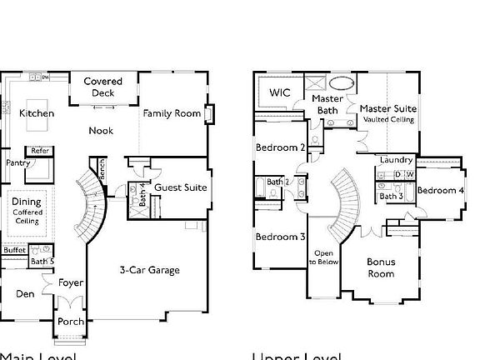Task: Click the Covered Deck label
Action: pyautogui.click(x=103, y=87)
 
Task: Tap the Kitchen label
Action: pyautogui.click(x=37, y=113)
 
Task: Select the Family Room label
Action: pyautogui.click(x=171, y=113)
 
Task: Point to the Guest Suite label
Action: pyautogui.click(x=181, y=187)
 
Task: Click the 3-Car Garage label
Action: pyautogui.click(x=149, y=270)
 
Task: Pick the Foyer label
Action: pyautogui.click(x=71, y=283)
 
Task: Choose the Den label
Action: pyautogui.click(x=24, y=293)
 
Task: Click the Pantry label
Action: pyautogui.click(x=17, y=163)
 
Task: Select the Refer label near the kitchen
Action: pyautogui.click(x=39, y=151)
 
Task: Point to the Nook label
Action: pyautogui.click(x=102, y=131)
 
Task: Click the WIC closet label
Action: pyautogui.click(x=280, y=92)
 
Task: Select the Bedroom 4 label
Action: pyautogui.click(x=440, y=191)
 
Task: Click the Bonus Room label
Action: pyautogui.click(x=381, y=267)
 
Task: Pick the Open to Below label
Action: pyautogui.click(x=323, y=257)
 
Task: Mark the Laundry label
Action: pyautogui.click(x=396, y=160)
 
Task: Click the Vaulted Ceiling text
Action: pyautogui.click(x=388, y=120)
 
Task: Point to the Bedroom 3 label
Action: pyautogui.click(x=280, y=237)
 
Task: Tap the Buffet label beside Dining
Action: pyautogui.click(x=14, y=250)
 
